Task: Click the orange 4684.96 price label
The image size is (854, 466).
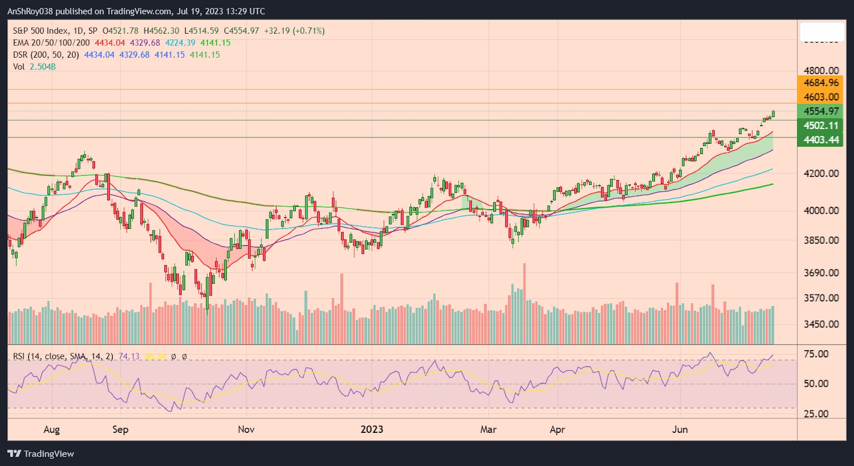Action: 821,83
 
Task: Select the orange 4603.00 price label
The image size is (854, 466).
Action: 821,97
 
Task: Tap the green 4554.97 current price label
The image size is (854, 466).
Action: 821,111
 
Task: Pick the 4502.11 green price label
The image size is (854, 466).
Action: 821,126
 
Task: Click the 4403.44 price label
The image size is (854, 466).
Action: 821,140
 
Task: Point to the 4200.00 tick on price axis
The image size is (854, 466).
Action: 821,173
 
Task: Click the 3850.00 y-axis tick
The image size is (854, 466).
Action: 821,240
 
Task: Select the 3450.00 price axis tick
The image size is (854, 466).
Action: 821,324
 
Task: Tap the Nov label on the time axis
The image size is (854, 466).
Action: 246,429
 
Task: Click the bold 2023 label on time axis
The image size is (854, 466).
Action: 371,429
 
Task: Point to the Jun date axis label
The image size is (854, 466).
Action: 679,429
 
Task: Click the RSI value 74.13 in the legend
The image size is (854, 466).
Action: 129,356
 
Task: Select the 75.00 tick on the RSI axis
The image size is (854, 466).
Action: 816,354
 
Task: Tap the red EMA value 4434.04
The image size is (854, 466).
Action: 109,43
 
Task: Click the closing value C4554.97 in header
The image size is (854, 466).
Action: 241,31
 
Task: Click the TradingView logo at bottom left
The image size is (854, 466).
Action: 41,454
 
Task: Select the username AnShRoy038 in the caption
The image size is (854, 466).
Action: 30,11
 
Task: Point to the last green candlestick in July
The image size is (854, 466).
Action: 773,113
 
